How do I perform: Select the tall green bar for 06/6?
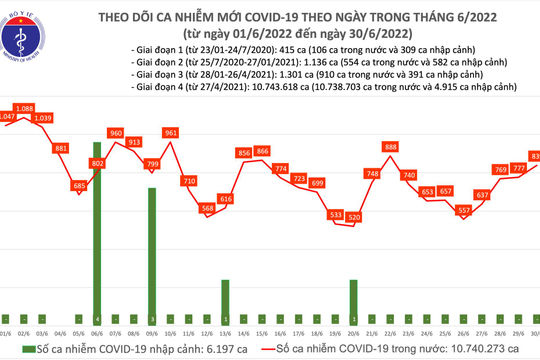click(97, 225)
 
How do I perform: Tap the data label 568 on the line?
click(208, 208)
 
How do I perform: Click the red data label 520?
click(353, 217)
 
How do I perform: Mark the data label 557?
click(463, 210)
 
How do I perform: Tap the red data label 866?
click(262, 150)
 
